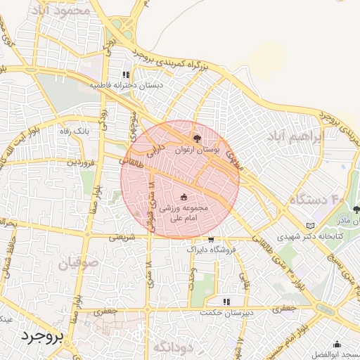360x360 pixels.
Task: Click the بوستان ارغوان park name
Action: pos(201,150)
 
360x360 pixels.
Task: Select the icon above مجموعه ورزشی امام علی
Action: pos(184,198)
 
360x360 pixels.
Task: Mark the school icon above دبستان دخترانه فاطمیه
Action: pos(126,74)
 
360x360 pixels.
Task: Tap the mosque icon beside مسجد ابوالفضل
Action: pos(338,345)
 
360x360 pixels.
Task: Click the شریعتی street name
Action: pos(119,238)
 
